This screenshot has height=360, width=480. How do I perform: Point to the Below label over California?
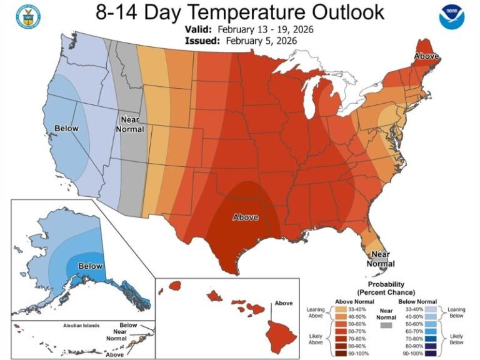66,129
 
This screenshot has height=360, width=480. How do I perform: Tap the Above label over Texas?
246,217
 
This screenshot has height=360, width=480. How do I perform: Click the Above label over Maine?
426,57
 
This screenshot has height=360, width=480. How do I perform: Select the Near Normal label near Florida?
381,259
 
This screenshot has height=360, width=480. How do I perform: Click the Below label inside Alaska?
90,266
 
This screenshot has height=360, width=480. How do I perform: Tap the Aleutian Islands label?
81,327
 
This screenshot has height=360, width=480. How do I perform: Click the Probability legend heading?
386,288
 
